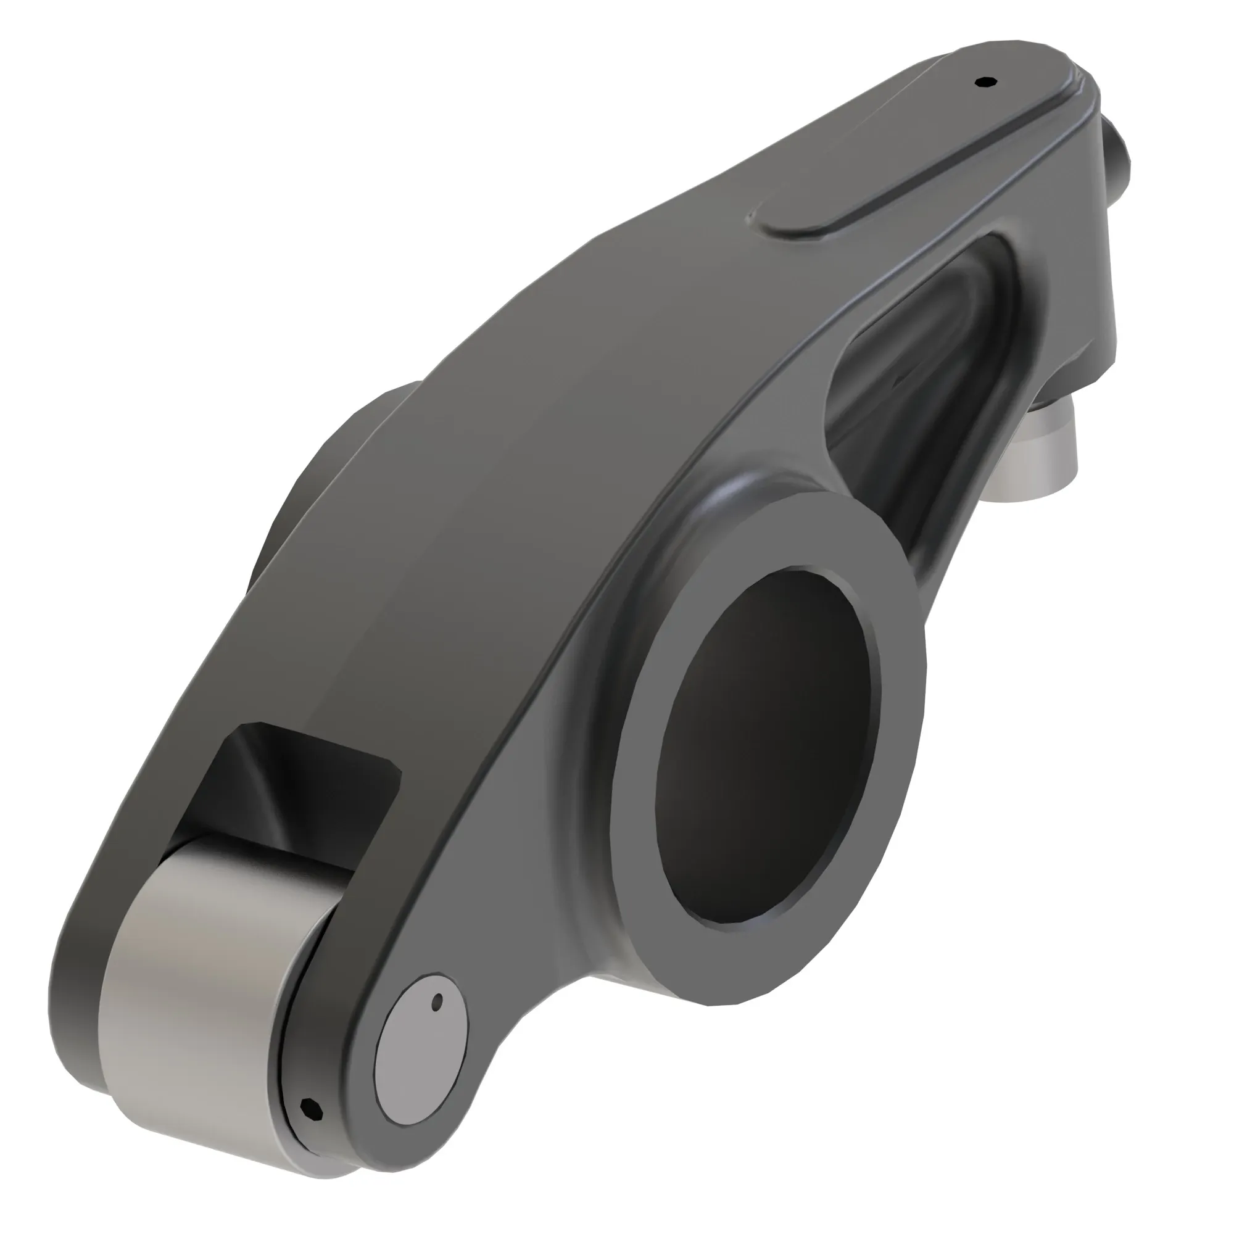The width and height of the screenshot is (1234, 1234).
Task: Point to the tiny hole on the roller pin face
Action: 437,1002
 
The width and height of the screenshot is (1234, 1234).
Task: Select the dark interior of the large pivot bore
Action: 766,747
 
